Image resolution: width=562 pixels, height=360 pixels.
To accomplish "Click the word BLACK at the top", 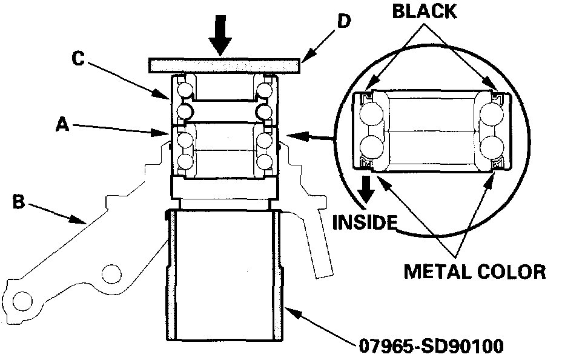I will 425,12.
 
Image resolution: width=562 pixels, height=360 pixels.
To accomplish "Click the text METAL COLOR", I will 475,270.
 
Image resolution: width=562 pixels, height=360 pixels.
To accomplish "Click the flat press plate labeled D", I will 223,64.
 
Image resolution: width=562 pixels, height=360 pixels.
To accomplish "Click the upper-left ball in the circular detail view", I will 369,115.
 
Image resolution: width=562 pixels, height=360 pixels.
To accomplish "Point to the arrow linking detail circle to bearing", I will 312,138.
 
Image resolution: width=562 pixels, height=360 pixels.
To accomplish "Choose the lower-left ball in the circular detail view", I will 369,147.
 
